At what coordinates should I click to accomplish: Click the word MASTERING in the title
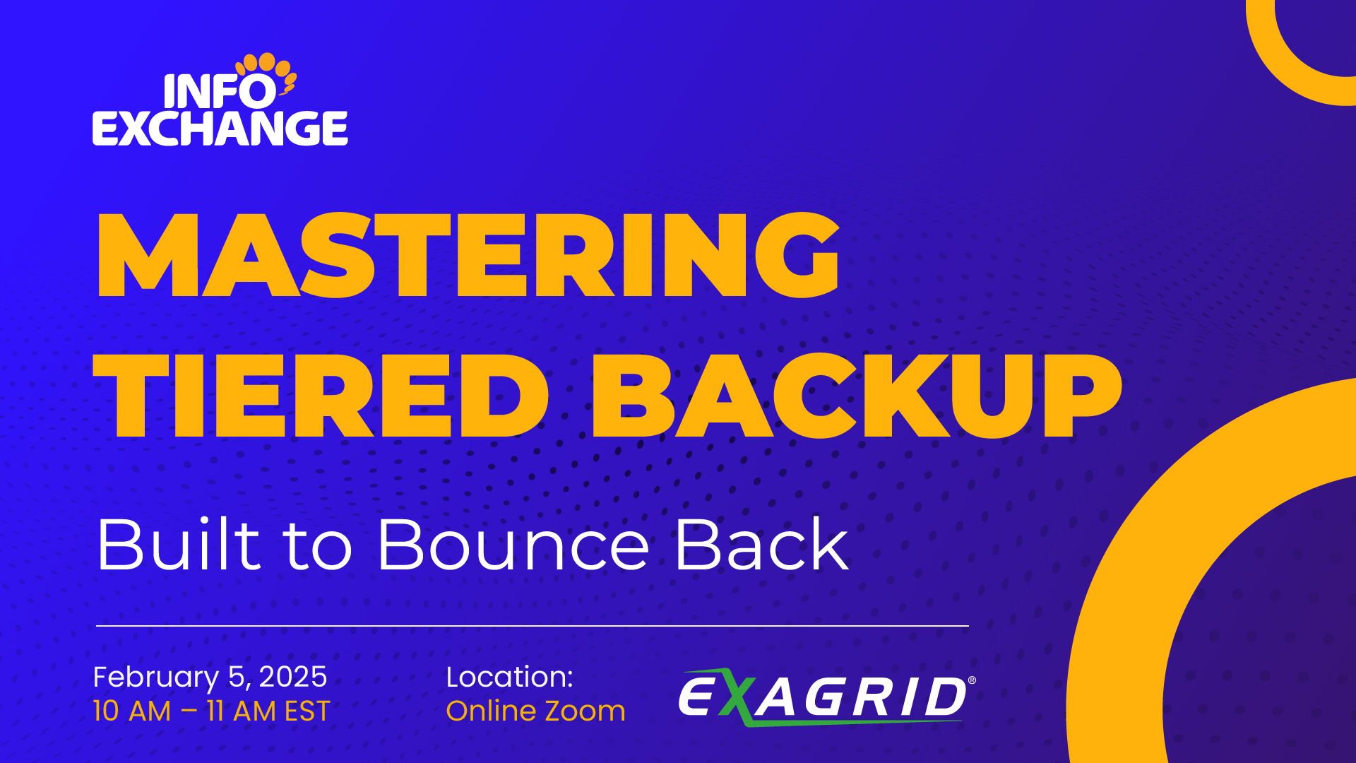[468, 254]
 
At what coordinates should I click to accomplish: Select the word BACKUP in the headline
[856, 396]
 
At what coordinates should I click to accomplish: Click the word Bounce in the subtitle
[513, 544]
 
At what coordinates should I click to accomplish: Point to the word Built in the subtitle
[179, 544]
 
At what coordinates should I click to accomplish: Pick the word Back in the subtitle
[762, 544]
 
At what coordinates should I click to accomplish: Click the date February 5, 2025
[210, 677]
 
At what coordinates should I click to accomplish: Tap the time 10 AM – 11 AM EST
[212, 711]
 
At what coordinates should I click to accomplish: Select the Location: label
[509, 677]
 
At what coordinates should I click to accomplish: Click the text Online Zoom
[535, 711]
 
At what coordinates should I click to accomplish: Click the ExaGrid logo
[827, 697]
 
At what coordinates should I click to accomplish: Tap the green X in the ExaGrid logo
[737, 697]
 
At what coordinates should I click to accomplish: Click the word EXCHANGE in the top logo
[220, 128]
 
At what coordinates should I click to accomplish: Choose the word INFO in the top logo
[220, 91]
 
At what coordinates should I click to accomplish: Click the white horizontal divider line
[533, 626]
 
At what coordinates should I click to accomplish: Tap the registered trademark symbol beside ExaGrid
[972, 680]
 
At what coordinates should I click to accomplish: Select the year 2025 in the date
[293, 677]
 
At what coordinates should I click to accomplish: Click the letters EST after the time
[307, 711]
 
